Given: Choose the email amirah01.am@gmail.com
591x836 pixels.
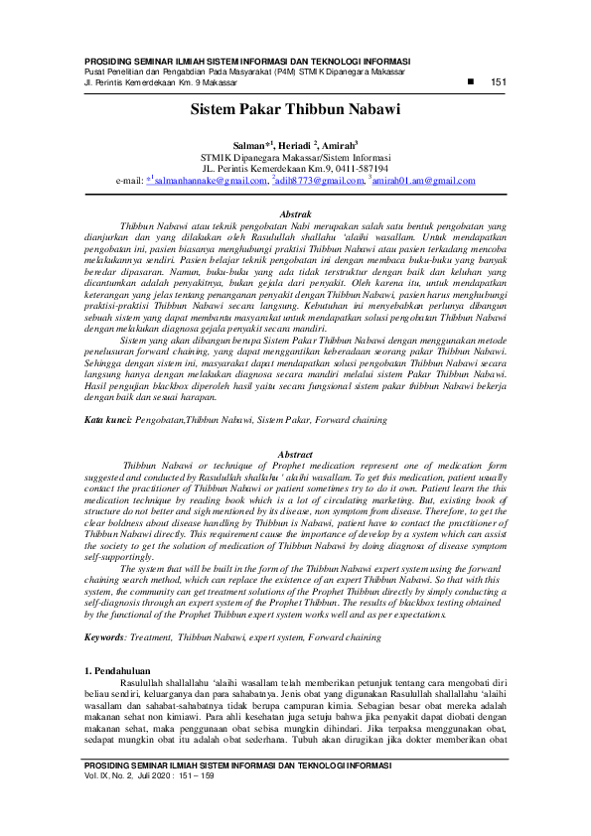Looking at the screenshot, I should (425, 181).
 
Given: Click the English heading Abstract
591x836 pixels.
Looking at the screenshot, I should (295, 454).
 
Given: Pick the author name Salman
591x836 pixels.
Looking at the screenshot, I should (249, 145).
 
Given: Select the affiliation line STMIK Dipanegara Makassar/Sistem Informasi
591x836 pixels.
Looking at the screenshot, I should (295, 157).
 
